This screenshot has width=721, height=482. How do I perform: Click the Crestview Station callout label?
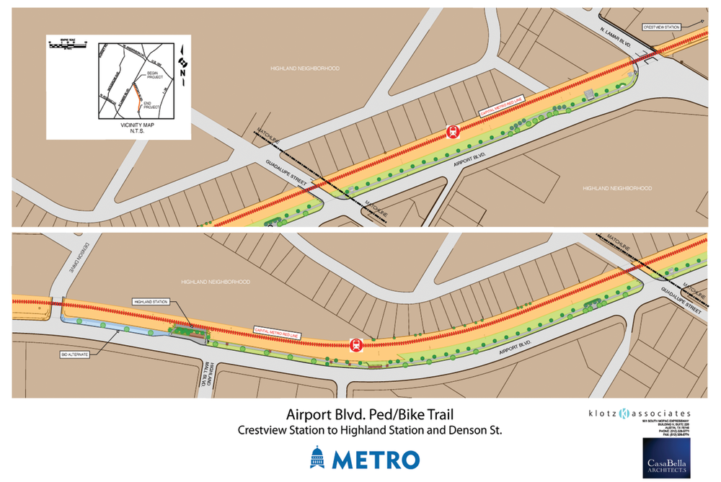[662, 27]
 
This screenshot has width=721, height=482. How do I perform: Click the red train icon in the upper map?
[452, 131]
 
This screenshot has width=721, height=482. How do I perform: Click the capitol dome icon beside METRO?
[317, 458]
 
